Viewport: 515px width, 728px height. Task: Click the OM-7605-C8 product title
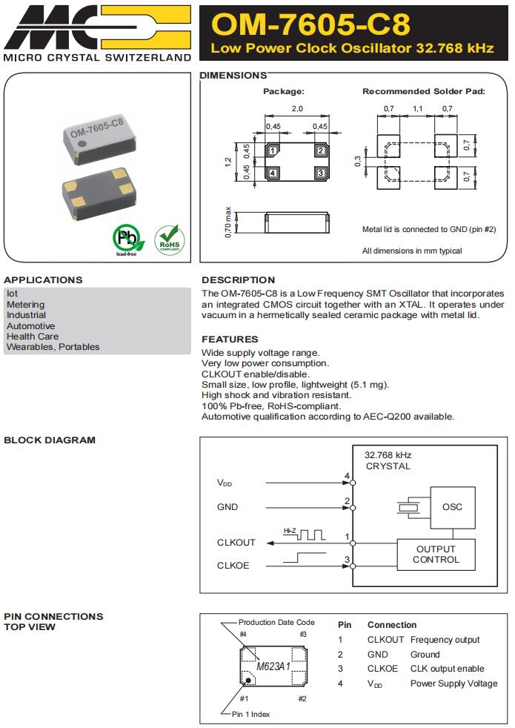click(x=310, y=24)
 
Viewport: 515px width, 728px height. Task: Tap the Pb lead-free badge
click(x=127, y=238)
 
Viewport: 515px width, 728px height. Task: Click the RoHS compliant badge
click(x=169, y=238)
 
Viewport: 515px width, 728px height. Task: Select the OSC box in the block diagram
click(x=451, y=507)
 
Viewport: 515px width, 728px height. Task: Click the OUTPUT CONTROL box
click(x=436, y=555)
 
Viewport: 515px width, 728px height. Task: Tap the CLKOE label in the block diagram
click(x=233, y=566)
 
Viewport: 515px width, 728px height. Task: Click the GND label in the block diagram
click(x=227, y=507)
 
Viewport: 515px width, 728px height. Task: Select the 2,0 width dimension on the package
click(x=296, y=109)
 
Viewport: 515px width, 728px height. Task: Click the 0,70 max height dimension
click(x=228, y=222)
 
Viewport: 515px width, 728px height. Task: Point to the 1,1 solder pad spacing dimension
click(x=417, y=109)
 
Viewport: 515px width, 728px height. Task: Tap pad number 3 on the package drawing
click(x=320, y=173)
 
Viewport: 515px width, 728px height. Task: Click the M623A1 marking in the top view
click(x=273, y=666)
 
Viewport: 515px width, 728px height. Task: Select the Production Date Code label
click(x=276, y=622)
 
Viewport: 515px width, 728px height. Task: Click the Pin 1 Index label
click(x=250, y=714)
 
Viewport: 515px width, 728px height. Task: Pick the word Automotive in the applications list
click(x=30, y=326)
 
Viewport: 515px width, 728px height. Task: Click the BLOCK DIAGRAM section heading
click(x=50, y=440)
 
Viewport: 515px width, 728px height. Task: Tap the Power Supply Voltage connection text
click(x=453, y=684)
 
